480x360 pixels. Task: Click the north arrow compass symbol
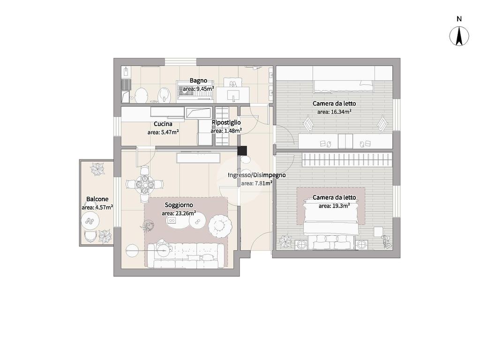pyautogui.click(x=459, y=36)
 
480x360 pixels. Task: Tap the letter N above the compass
pyautogui.click(x=459, y=19)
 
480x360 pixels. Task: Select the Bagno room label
pyautogui.click(x=198, y=81)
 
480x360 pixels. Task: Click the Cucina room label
pyautogui.click(x=163, y=124)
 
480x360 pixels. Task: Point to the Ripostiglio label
pyautogui.click(x=226, y=122)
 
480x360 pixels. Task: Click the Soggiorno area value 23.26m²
pyautogui.click(x=179, y=213)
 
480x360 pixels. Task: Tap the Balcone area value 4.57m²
pyautogui.click(x=97, y=207)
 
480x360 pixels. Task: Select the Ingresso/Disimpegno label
pyautogui.click(x=256, y=175)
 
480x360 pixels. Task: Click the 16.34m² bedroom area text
pyautogui.click(x=334, y=112)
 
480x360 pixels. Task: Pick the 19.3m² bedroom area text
pyautogui.click(x=334, y=206)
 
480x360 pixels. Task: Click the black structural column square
pyautogui.click(x=242, y=150)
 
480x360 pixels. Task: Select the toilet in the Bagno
pyautogui.click(x=141, y=95)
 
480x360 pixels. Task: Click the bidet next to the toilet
pyautogui.click(x=164, y=95)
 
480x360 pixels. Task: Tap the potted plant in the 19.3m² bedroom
pyautogui.click(x=285, y=241)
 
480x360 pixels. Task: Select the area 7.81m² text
pyautogui.click(x=257, y=183)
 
